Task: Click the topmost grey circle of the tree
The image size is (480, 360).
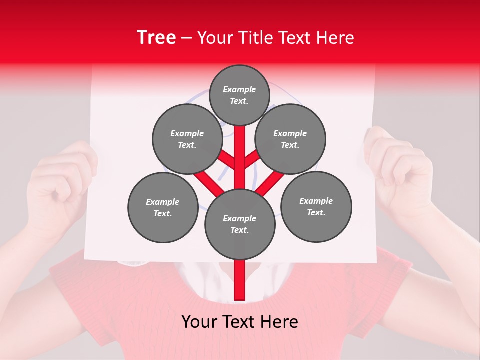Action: click(x=239, y=95)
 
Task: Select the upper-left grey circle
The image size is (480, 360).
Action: click(x=187, y=139)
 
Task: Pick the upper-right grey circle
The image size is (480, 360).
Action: click(x=290, y=139)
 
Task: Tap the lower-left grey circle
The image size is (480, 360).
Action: click(x=163, y=207)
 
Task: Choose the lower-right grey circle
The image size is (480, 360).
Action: click(x=316, y=206)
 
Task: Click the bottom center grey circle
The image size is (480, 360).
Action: click(x=240, y=224)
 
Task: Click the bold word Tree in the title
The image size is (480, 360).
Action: click(x=156, y=37)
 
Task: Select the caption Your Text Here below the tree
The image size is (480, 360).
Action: click(x=239, y=322)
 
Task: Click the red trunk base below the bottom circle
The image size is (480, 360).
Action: click(x=240, y=280)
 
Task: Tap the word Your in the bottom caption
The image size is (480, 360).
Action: click(x=199, y=322)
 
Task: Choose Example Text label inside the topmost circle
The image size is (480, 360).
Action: click(x=239, y=95)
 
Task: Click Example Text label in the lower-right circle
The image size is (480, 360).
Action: click(x=316, y=206)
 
